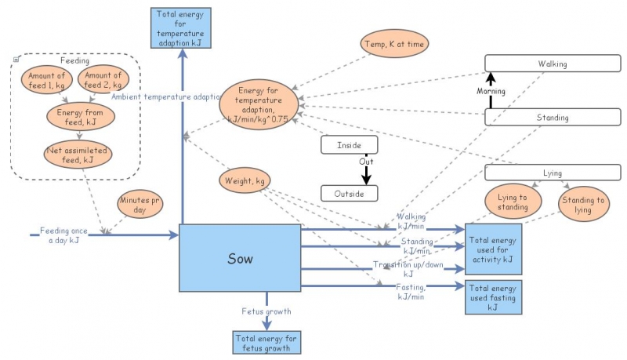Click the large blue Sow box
(240, 258)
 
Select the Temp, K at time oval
(395, 45)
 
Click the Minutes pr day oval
(140, 206)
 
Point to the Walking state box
(552, 64)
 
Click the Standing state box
(552, 118)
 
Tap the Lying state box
(552, 173)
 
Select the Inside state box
(349, 145)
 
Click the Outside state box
(349, 193)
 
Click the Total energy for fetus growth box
(266, 341)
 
